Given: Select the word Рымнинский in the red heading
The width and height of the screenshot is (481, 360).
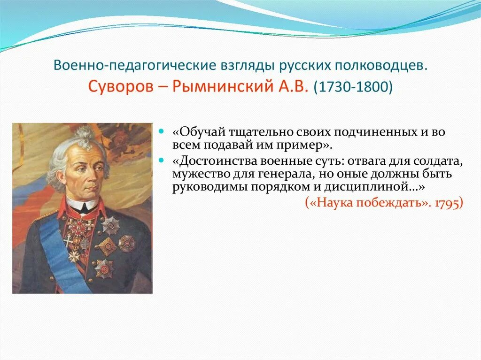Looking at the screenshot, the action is (x=222, y=87).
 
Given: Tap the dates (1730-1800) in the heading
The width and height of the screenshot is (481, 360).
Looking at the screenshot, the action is (x=353, y=87).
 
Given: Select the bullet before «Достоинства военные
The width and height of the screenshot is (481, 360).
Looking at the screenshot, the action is (x=162, y=160).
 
